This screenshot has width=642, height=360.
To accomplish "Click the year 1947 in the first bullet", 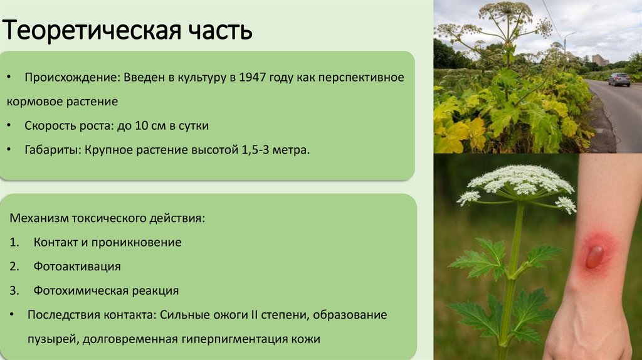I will [255, 77].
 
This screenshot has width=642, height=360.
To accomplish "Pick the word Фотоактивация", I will [77, 267].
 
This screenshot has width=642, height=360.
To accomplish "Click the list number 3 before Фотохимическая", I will [14, 291].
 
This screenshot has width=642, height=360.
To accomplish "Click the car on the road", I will [619, 80].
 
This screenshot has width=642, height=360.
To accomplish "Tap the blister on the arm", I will [594, 255].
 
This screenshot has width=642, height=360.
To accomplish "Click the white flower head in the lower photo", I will [520, 181].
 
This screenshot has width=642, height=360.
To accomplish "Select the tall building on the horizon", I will [599, 60].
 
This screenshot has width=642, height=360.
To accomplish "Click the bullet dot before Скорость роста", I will [14, 126].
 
